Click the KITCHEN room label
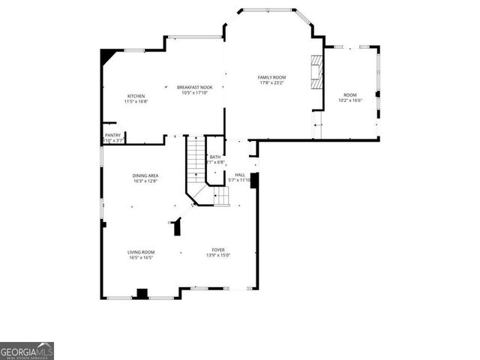coord(136,96)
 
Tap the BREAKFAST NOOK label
coord(195,87)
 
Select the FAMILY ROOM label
coord(272,77)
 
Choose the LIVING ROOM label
coord(141,252)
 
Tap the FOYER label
coord(218,250)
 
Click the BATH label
coord(215,156)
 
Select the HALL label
coord(240,175)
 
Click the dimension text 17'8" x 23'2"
coord(272,82)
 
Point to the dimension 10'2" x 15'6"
coord(350,100)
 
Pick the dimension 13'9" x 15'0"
coord(218,255)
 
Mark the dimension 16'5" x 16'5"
coord(141,257)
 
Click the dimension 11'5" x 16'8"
coord(136,101)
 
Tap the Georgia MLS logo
coord(27,351)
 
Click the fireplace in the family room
coord(317,70)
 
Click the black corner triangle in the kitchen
coord(109,56)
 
